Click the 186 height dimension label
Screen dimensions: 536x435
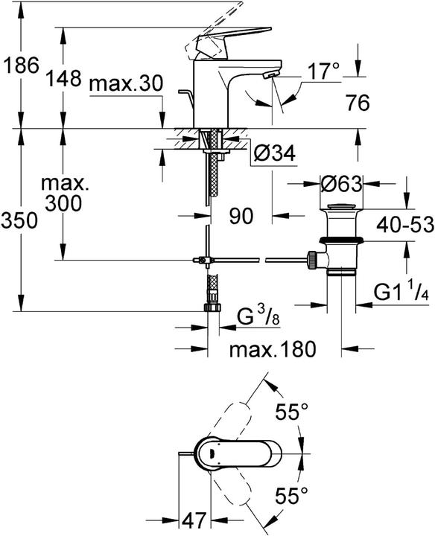click(21, 66)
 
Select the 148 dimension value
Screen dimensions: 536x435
click(64, 77)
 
